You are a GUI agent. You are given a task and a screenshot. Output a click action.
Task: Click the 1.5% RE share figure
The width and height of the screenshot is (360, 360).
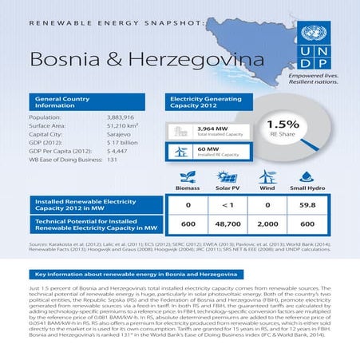point(283,125)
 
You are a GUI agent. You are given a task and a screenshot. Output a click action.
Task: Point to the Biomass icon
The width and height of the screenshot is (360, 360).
point(188,177)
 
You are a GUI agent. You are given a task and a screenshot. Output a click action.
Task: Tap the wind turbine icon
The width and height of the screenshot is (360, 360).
point(267,176)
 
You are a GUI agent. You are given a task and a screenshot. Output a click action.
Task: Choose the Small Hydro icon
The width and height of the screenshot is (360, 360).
point(307,176)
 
